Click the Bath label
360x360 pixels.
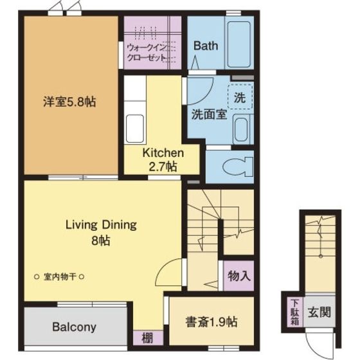(x=206, y=46)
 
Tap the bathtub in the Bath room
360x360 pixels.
(x=239, y=44)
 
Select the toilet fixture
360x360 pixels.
(x=238, y=166)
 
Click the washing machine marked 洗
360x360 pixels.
(x=240, y=96)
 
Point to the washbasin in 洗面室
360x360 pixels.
(x=241, y=129)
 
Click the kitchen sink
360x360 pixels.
(x=135, y=129)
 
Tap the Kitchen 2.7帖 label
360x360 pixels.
(x=163, y=160)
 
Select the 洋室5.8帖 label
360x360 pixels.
(x=69, y=102)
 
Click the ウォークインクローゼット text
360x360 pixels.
(x=147, y=53)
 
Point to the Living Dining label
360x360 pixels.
(x=101, y=225)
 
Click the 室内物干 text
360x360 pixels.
(x=60, y=277)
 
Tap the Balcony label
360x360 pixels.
(x=74, y=327)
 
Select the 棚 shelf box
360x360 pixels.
(x=148, y=337)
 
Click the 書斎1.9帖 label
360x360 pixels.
(x=212, y=321)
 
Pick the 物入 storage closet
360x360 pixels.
(x=239, y=276)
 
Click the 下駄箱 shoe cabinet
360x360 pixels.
(x=295, y=312)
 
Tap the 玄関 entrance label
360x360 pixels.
(x=319, y=312)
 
